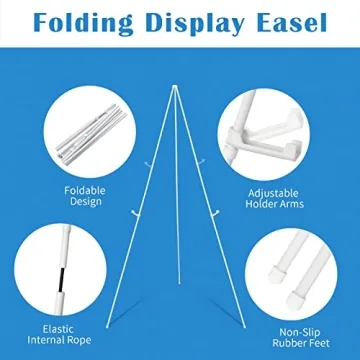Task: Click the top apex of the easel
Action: tap(180, 48)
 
